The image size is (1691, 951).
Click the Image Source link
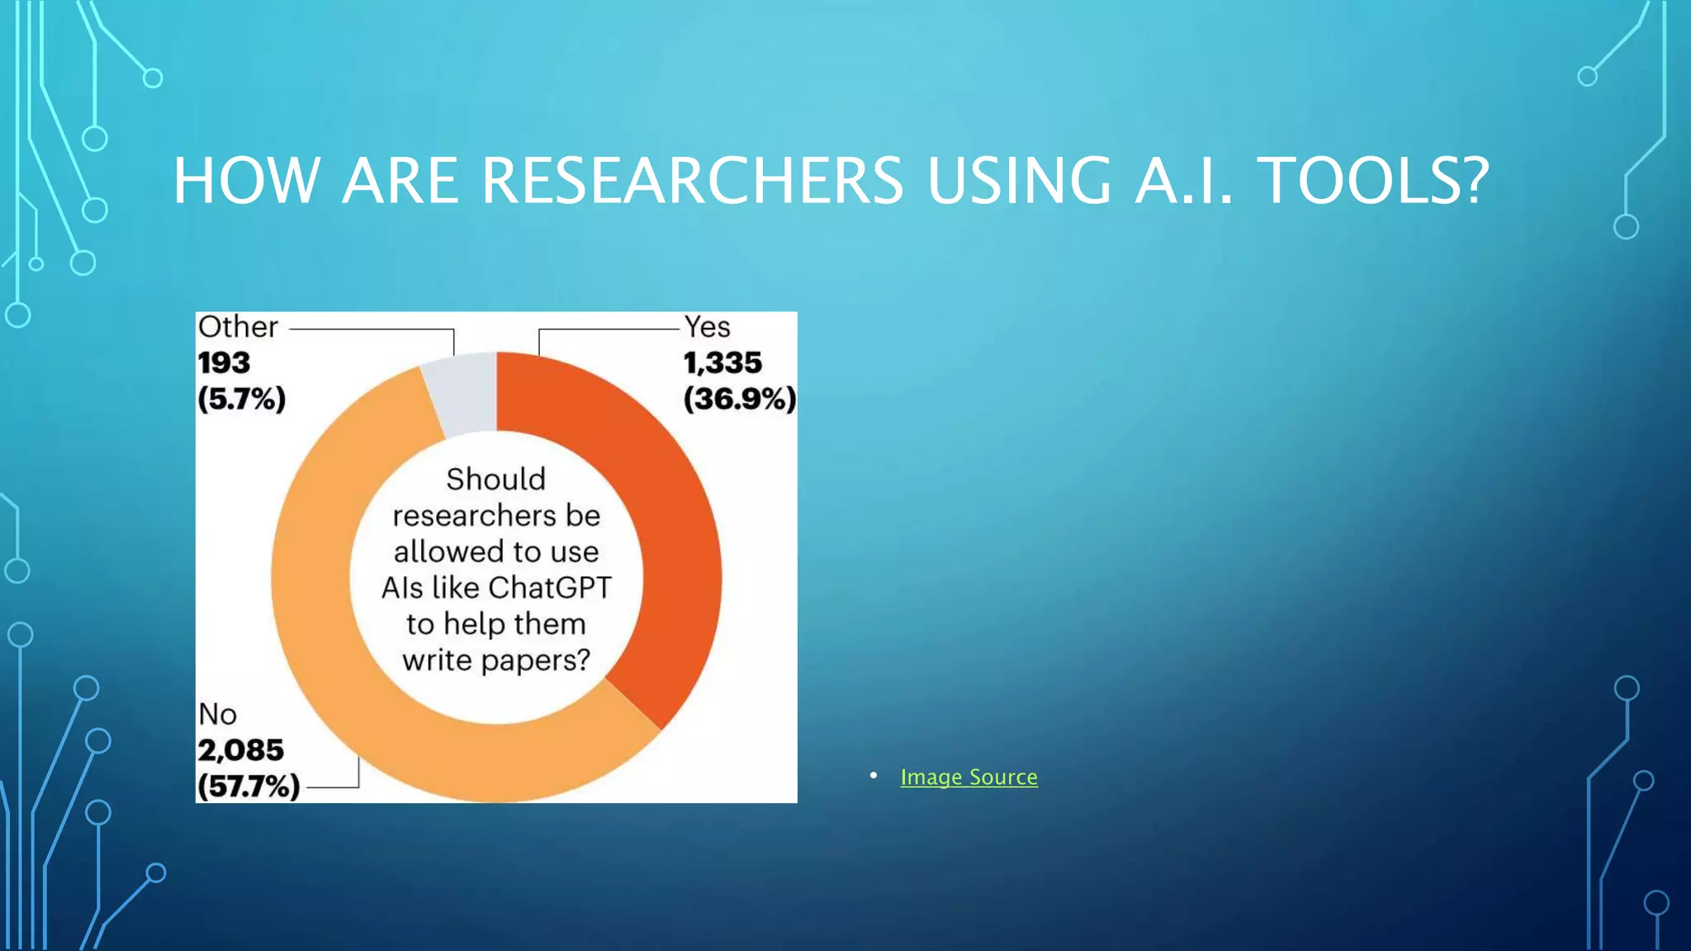pyautogui.click(x=969, y=777)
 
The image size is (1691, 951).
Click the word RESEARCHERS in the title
pyautogui.click(x=692, y=180)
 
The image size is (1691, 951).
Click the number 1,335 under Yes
pyautogui.click(x=722, y=362)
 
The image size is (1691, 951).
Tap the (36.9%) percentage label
pyautogui.click(x=740, y=399)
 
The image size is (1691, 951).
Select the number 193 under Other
pyautogui.click(x=224, y=362)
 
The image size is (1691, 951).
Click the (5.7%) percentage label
pyautogui.click(x=241, y=399)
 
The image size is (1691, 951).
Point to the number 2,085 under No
pyautogui.click(x=240, y=750)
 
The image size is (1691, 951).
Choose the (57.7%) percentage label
pyautogui.click(x=249, y=786)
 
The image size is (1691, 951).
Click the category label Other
pyautogui.click(x=238, y=327)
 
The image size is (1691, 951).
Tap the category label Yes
pyautogui.click(x=707, y=327)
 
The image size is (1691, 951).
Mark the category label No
pyautogui.click(x=218, y=714)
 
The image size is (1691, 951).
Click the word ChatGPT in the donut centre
pyautogui.click(x=549, y=588)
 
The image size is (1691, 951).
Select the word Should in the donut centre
pyautogui.click(x=495, y=479)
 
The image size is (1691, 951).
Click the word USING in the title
pyautogui.click(x=1019, y=180)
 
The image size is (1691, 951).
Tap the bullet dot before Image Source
pyautogui.click(x=874, y=775)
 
